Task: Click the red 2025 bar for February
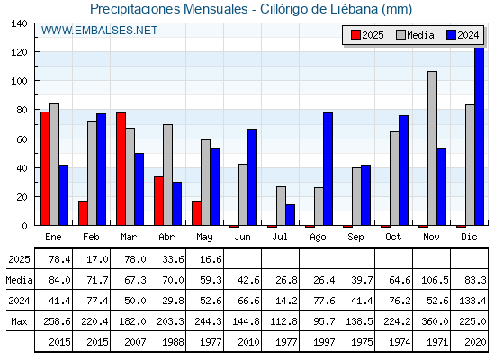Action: pos(83,213)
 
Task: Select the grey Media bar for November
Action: pos(432,148)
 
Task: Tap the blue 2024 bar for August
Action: pos(328,169)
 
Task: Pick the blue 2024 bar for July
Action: pos(290,215)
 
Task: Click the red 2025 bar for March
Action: pos(121,169)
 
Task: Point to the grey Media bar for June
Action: pos(243,194)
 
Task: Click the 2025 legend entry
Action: pos(367,35)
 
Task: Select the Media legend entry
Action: pos(415,35)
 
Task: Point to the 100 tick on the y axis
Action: pos(20,81)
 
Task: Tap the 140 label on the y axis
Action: pos(20,23)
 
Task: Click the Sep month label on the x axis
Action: pos(355,238)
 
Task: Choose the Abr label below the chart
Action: pos(166,238)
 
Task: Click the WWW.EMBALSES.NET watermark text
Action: pos(99,31)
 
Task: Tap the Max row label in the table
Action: pos(19,321)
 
